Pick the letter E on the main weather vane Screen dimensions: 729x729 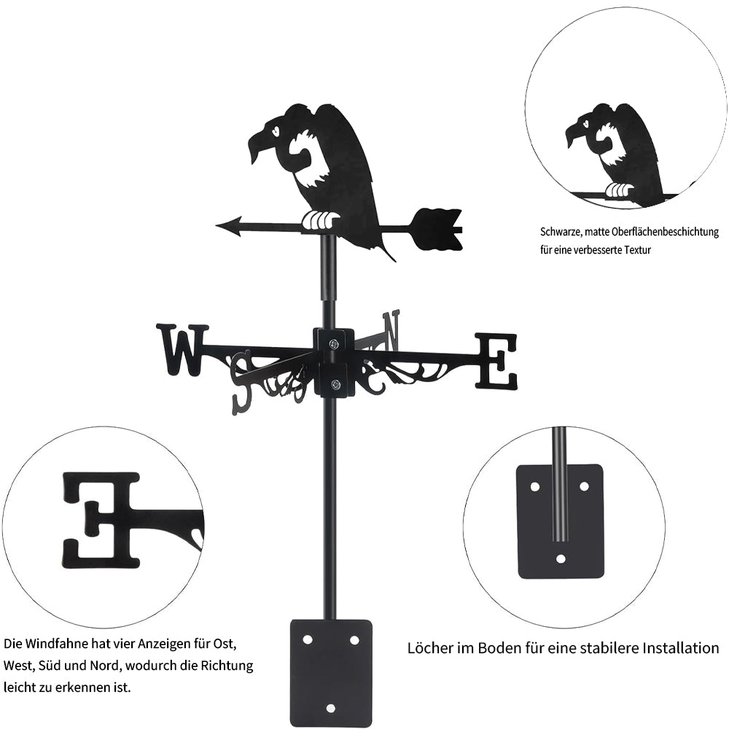pyautogui.click(x=496, y=360)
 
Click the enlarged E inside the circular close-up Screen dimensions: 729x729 pyautogui.click(x=101, y=519)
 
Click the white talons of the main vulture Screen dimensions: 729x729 pyautogui.click(x=321, y=219)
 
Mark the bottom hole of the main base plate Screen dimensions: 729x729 pyautogui.click(x=331, y=707)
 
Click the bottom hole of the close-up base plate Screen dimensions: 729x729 pyautogui.click(x=560, y=559)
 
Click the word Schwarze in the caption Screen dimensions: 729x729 pyautogui.click(x=561, y=233)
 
